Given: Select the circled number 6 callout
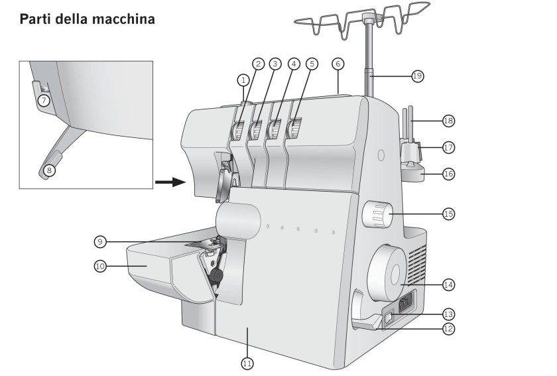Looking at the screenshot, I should [338, 64].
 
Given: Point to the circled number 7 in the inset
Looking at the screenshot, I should [44, 101].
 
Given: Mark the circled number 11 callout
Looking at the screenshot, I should [247, 363].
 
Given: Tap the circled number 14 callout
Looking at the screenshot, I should [448, 284].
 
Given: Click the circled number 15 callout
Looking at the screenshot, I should [448, 214].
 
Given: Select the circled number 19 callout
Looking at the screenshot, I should [417, 76].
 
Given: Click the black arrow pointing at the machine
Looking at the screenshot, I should [170, 181].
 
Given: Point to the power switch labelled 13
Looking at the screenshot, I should [389, 318].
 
